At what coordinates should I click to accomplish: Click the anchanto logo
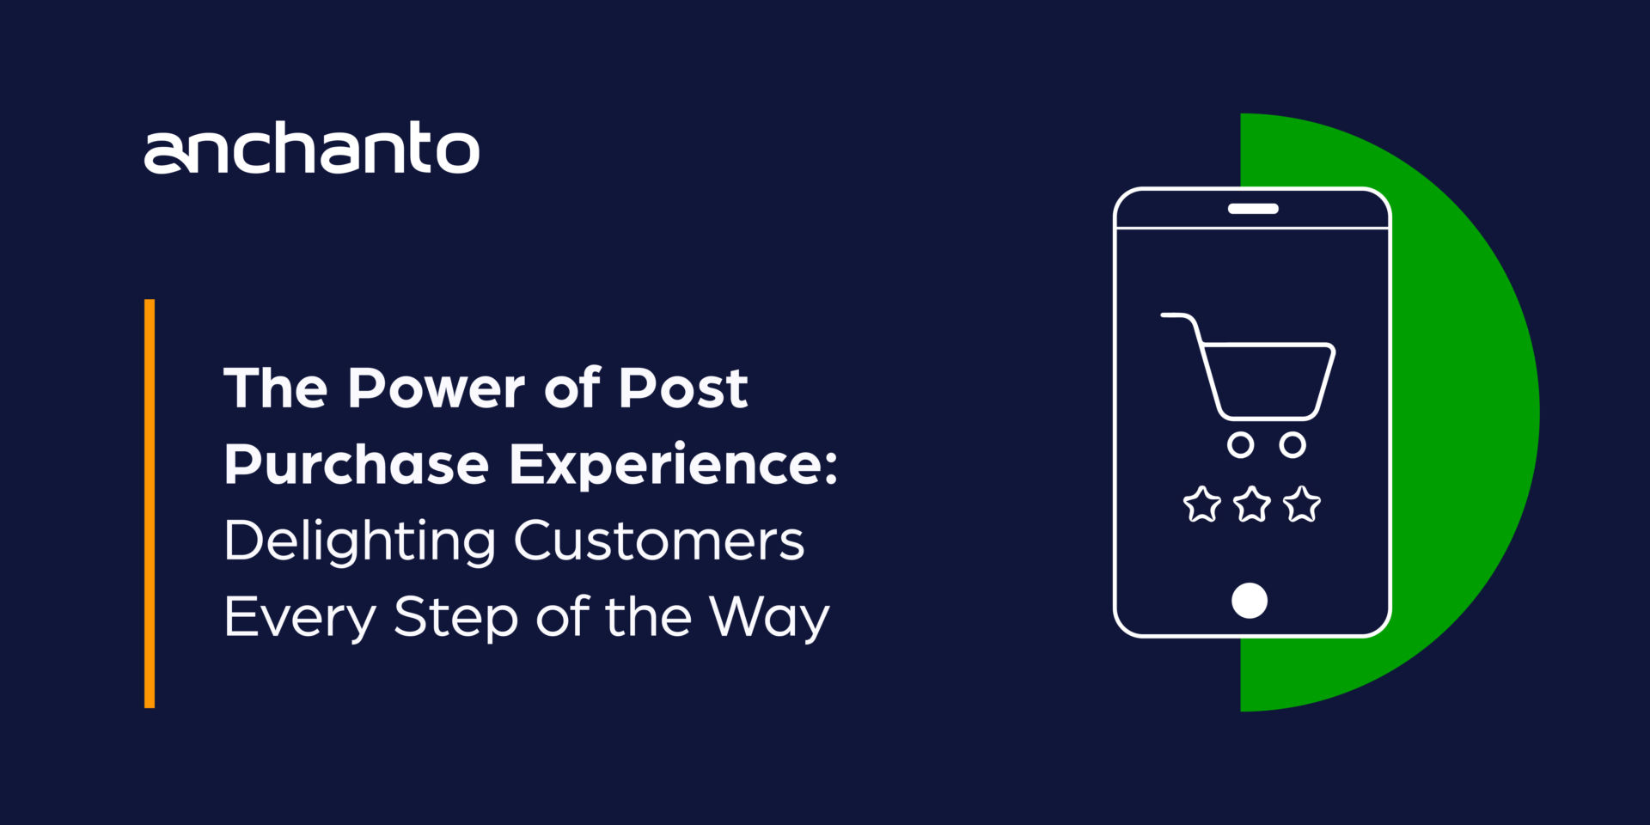coord(311,149)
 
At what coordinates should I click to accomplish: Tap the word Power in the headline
coord(436,388)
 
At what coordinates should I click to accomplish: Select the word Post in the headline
coord(683,388)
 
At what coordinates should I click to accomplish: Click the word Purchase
coord(356,465)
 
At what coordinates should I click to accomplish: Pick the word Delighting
coord(359,541)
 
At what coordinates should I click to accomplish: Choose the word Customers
coord(658,541)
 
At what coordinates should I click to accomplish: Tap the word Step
coord(455,617)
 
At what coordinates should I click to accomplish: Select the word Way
coord(769,617)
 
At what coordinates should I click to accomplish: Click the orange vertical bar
coord(150,504)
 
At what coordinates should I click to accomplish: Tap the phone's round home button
coord(1250,601)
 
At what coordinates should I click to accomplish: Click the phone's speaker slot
coord(1253,209)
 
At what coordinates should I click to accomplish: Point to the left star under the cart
coord(1202,504)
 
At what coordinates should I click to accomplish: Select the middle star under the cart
coord(1252,504)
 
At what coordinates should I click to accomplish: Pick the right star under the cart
coord(1302,504)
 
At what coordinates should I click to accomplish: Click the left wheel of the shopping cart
coord(1240,445)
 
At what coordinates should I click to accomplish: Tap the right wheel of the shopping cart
coord(1292,445)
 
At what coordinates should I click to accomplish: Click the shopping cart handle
coord(1177,316)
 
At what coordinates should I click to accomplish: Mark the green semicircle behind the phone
coord(1461,412)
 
